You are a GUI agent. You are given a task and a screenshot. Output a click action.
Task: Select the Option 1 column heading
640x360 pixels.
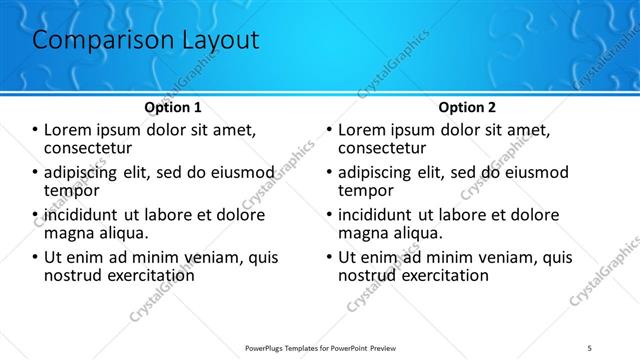point(173,106)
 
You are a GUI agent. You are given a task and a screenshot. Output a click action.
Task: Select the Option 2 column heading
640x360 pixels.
point(467,106)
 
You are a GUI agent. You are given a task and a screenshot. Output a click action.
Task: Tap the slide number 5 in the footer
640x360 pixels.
point(590,348)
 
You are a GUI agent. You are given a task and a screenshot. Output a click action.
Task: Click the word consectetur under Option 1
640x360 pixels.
point(91,147)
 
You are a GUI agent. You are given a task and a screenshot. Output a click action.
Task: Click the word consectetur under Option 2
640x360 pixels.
point(385,147)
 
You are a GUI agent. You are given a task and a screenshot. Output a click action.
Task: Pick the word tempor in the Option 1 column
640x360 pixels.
point(72,190)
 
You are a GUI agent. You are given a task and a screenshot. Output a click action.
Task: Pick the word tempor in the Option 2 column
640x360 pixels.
point(366,190)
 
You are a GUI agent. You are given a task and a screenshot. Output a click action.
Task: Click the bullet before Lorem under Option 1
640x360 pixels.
point(35,130)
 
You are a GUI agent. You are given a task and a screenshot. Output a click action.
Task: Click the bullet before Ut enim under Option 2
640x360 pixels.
point(329,257)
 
